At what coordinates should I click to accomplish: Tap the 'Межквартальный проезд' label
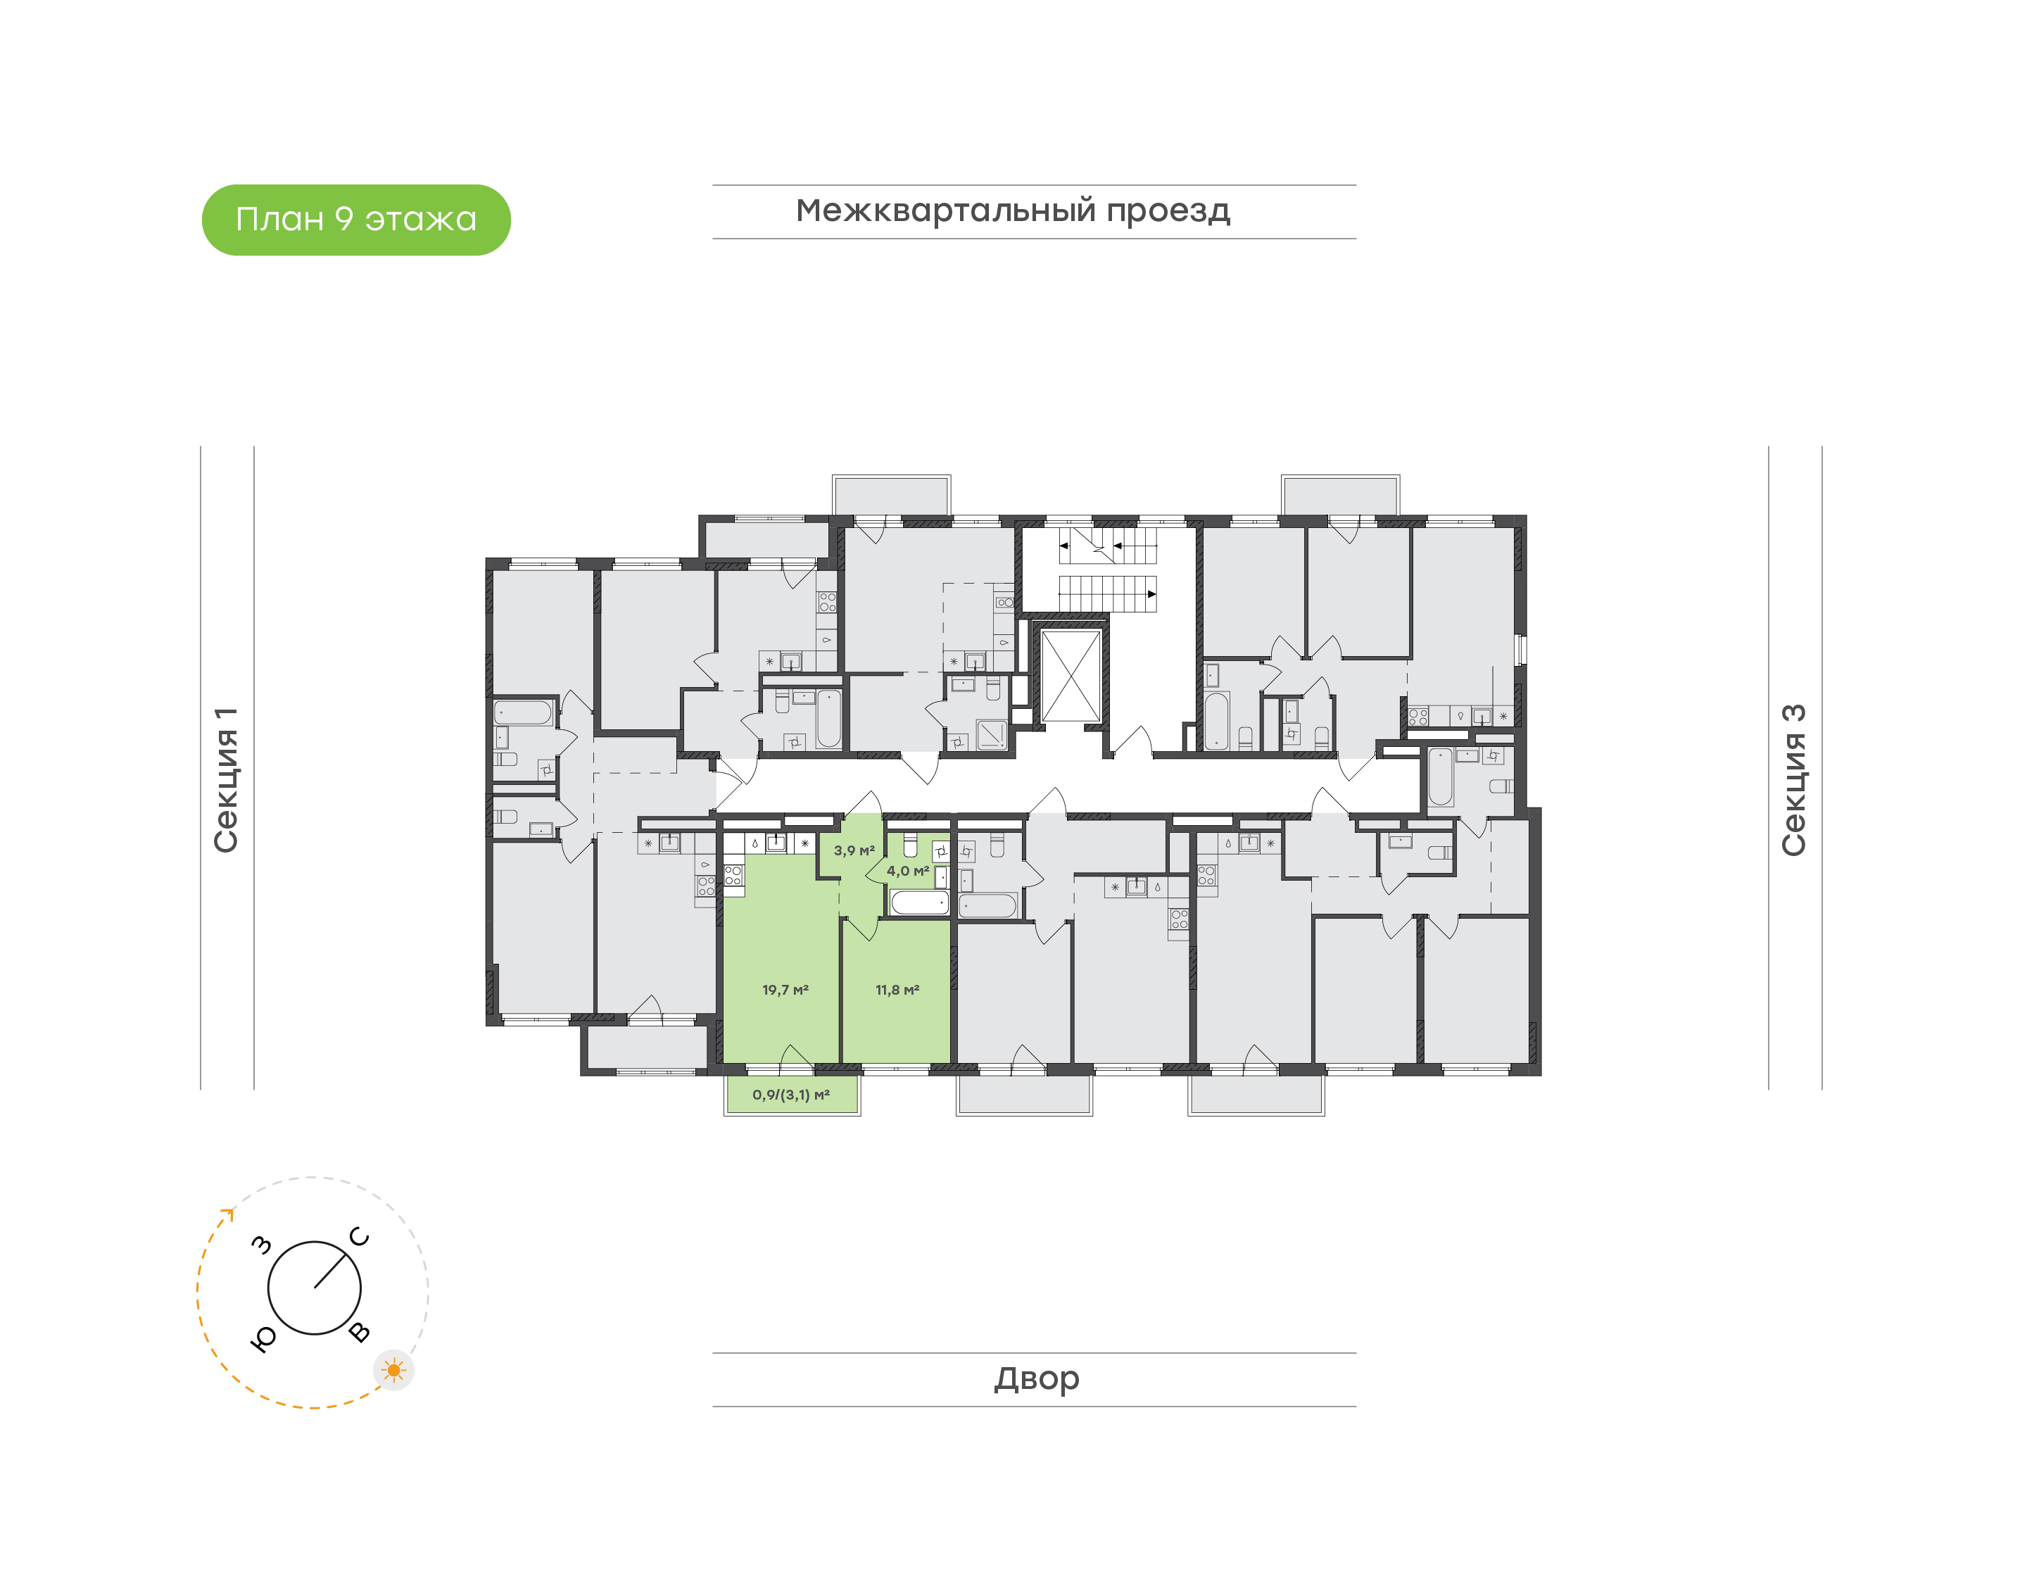[x=1013, y=211]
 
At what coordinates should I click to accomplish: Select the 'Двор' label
[x=1036, y=1378]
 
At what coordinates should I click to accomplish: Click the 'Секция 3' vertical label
[x=1793, y=780]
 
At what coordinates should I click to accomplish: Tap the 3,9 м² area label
[x=854, y=850]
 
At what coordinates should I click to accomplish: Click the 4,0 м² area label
[x=908, y=871]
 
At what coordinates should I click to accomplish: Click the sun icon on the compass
[x=394, y=1370]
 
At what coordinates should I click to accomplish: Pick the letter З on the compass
[x=263, y=1245]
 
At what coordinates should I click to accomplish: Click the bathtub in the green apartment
[x=919, y=902]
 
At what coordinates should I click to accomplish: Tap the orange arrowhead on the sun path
[x=227, y=1214]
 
